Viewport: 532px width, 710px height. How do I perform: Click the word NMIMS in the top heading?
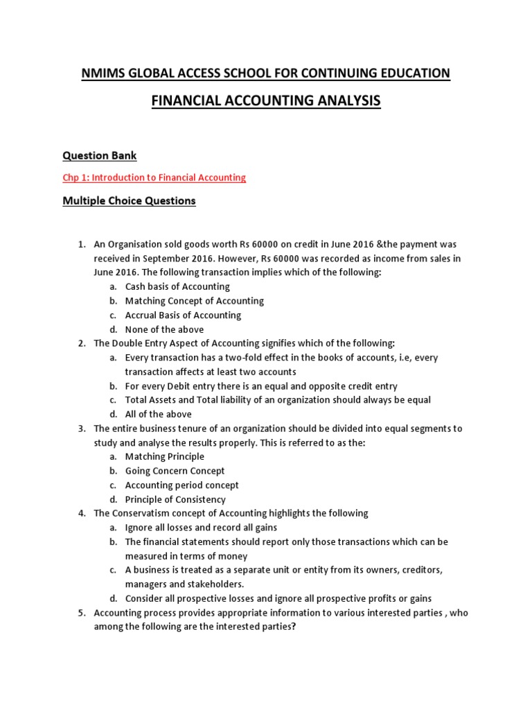point(103,73)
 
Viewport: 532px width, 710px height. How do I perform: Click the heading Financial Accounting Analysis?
point(266,101)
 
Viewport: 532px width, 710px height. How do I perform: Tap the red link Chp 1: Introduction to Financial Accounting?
point(154,177)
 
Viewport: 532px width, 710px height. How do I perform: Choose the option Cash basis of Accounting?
point(177,286)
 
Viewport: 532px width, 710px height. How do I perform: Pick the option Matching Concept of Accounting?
point(194,301)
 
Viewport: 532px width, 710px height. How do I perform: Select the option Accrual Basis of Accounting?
point(183,315)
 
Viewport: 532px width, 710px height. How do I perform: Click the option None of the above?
point(164,329)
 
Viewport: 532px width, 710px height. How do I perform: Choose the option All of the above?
point(158,415)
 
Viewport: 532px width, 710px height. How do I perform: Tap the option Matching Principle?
point(164,457)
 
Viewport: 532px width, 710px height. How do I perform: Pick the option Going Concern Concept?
point(174,471)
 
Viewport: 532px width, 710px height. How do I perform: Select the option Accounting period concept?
point(181,485)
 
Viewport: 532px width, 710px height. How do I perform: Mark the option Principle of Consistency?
point(175,500)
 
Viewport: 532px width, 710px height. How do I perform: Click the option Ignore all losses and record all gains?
point(201,528)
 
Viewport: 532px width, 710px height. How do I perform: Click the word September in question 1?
point(167,258)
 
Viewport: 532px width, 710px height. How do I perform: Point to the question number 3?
point(81,428)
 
